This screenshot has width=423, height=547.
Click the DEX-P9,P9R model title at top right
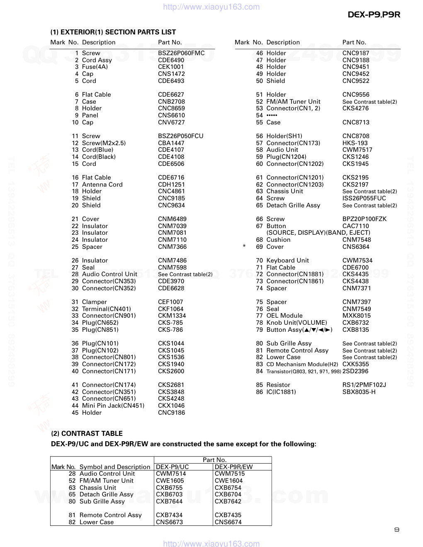(x=374, y=15)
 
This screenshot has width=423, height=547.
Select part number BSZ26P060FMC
(x=181, y=53)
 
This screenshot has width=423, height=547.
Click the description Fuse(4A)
(x=95, y=67)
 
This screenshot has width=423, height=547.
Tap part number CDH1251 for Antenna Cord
(x=171, y=185)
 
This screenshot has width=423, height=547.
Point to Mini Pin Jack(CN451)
(x=113, y=406)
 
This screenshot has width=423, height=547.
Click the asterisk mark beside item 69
(x=244, y=247)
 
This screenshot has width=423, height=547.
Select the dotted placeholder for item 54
(x=272, y=115)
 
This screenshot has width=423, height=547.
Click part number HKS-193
(x=355, y=143)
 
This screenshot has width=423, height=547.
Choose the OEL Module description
(x=284, y=316)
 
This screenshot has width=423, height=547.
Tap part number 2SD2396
(x=355, y=371)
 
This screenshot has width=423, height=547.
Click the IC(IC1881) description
(x=281, y=392)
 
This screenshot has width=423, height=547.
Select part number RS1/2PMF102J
(x=364, y=385)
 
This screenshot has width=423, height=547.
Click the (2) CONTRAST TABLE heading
(x=87, y=433)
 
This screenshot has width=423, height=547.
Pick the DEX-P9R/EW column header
(x=233, y=467)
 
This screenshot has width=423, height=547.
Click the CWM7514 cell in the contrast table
(x=171, y=474)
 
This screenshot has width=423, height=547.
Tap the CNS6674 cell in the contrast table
(x=228, y=522)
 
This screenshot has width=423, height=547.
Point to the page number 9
(x=397, y=530)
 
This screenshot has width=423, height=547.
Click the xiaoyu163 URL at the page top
(x=211, y=7)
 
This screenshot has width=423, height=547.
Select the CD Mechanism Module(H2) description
(x=302, y=364)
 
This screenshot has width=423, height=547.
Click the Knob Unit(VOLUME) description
(x=297, y=323)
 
